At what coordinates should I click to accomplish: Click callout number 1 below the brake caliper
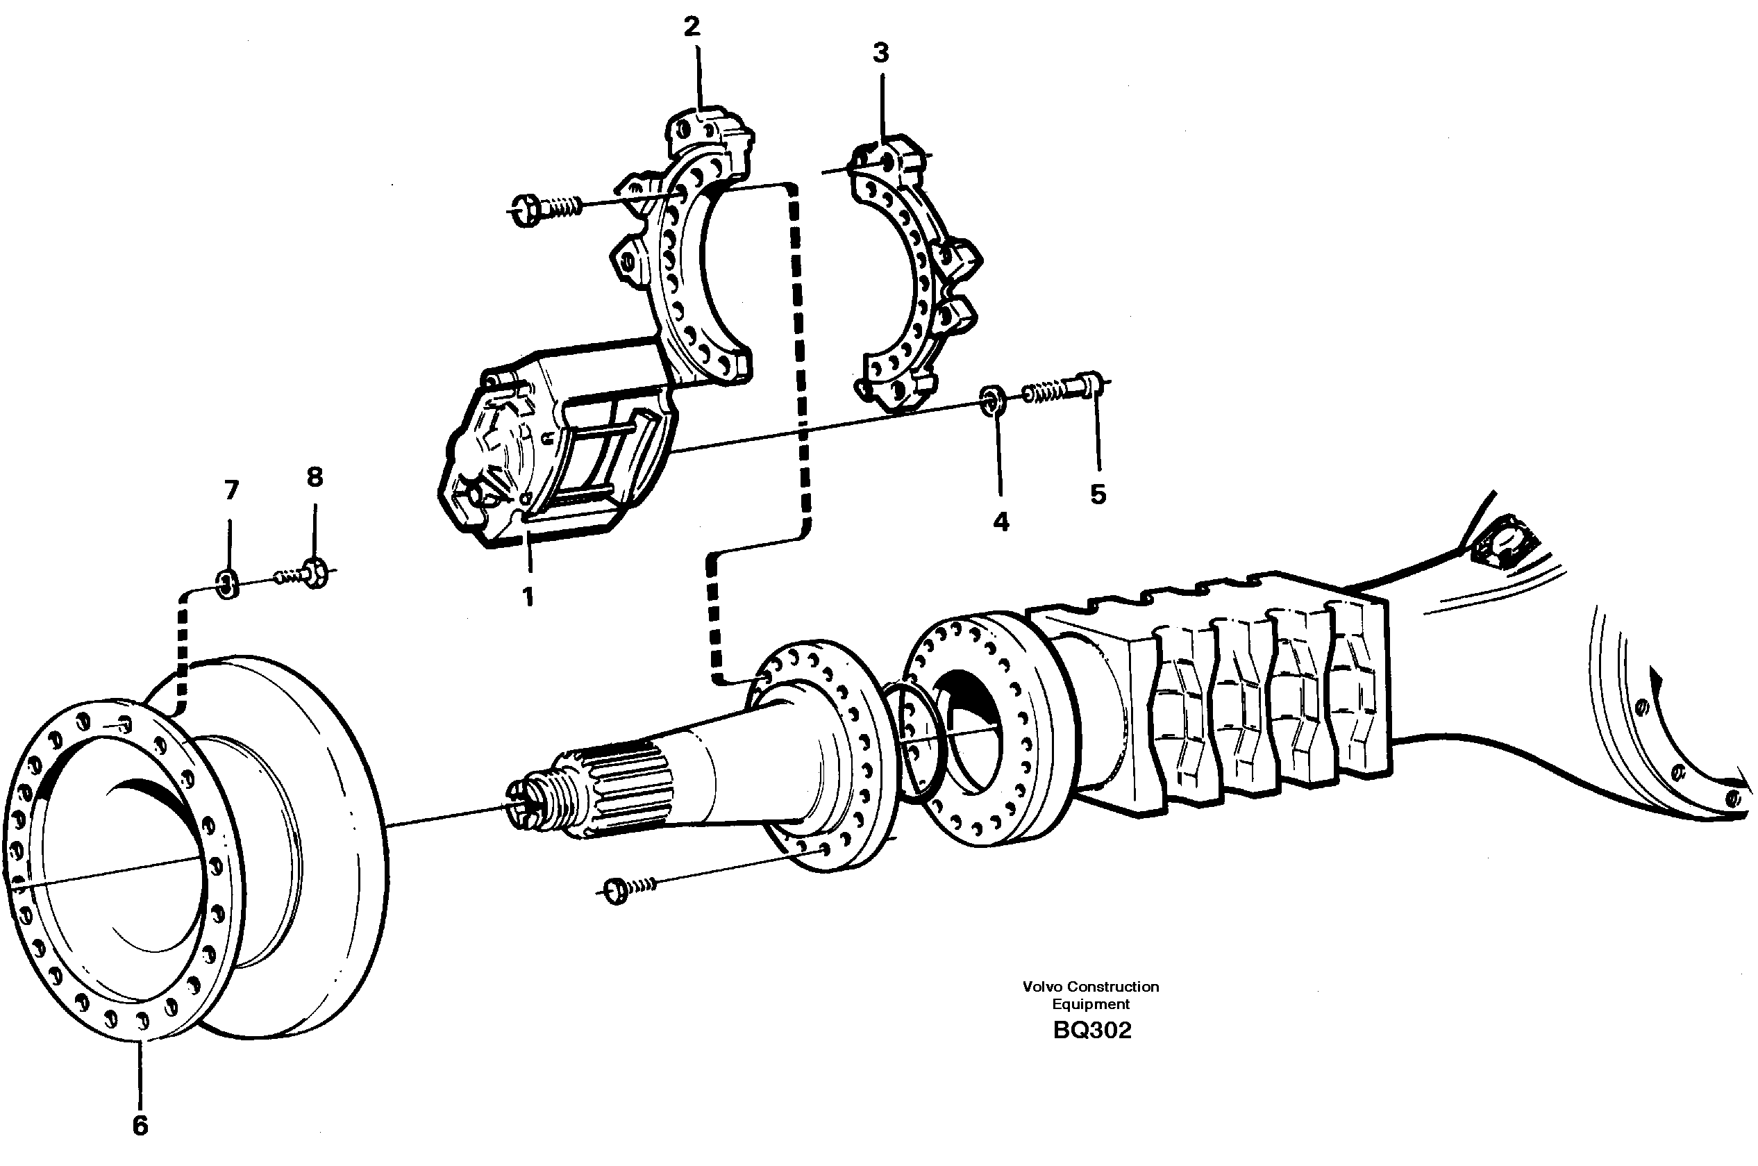click(528, 597)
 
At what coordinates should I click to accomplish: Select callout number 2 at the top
click(692, 28)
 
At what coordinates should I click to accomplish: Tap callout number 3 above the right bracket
click(881, 53)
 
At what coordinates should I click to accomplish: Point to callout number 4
click(1001, 522)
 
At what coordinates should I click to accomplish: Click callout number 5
click(1098, 494)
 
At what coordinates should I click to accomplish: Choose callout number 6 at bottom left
click(140, 1125)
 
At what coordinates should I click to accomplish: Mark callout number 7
click(231, 490)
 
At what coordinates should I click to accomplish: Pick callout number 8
click(315, 476)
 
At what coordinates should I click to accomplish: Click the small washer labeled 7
click(228, 583)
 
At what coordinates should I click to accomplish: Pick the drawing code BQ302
click(1091, 1030)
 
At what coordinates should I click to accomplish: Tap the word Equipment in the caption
click(1091, 1004)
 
